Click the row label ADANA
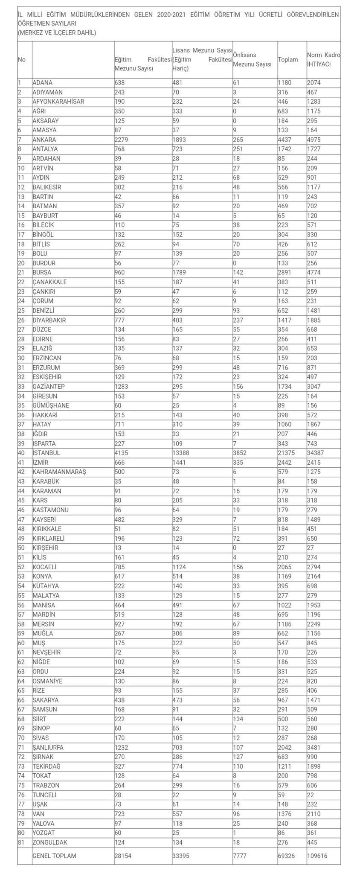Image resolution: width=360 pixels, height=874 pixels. tap(42, 83)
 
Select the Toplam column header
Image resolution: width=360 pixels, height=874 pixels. tap(288, 60)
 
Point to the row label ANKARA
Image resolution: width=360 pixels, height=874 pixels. tap(44, 140)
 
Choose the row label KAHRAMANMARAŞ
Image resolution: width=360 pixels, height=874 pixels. tap(59, 472)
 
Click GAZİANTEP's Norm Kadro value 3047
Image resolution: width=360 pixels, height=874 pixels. tap(316, 387)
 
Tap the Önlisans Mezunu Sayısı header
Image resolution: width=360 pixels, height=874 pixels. tap(253, 60)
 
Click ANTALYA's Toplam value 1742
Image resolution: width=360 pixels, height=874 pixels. tap(286, 149)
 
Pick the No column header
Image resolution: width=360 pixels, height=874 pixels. tap(21, 60)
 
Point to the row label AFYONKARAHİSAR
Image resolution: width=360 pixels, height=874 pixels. tap(58, 102)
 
